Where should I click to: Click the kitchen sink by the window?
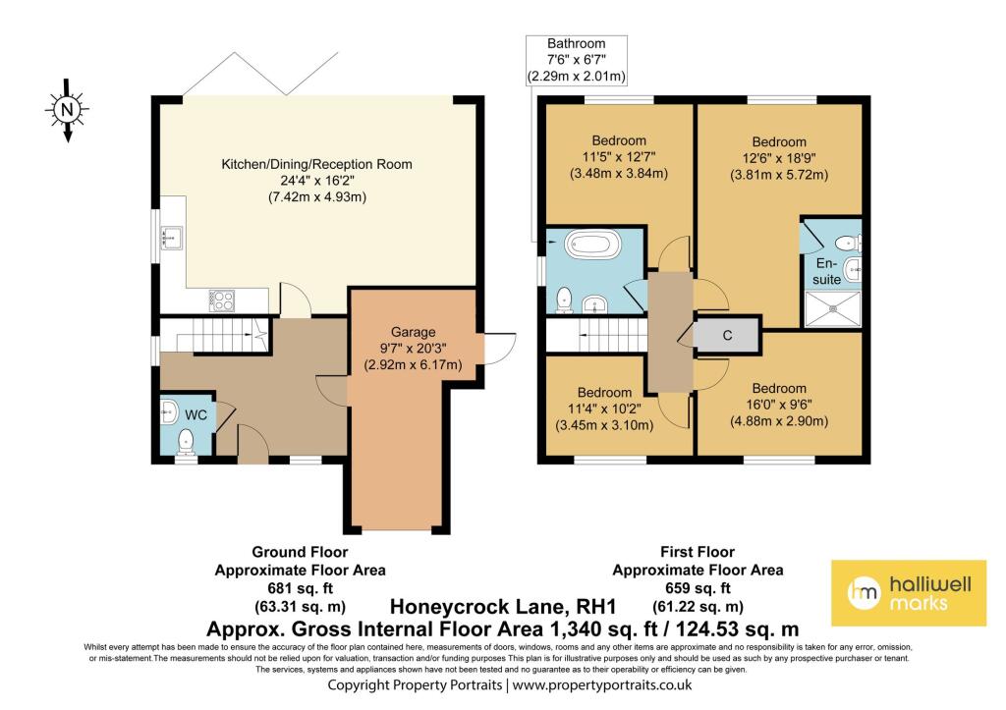point(170,237)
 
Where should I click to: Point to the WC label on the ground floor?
point(196,415)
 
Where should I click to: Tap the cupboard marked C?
point(727,335)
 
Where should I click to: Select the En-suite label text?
point(827,272)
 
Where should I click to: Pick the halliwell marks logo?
point(909,592)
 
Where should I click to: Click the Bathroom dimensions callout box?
point(576,60)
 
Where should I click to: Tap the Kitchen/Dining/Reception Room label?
point(316,164)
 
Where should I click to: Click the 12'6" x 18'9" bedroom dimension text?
point(778,159)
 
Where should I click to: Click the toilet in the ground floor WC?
point(184,446)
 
